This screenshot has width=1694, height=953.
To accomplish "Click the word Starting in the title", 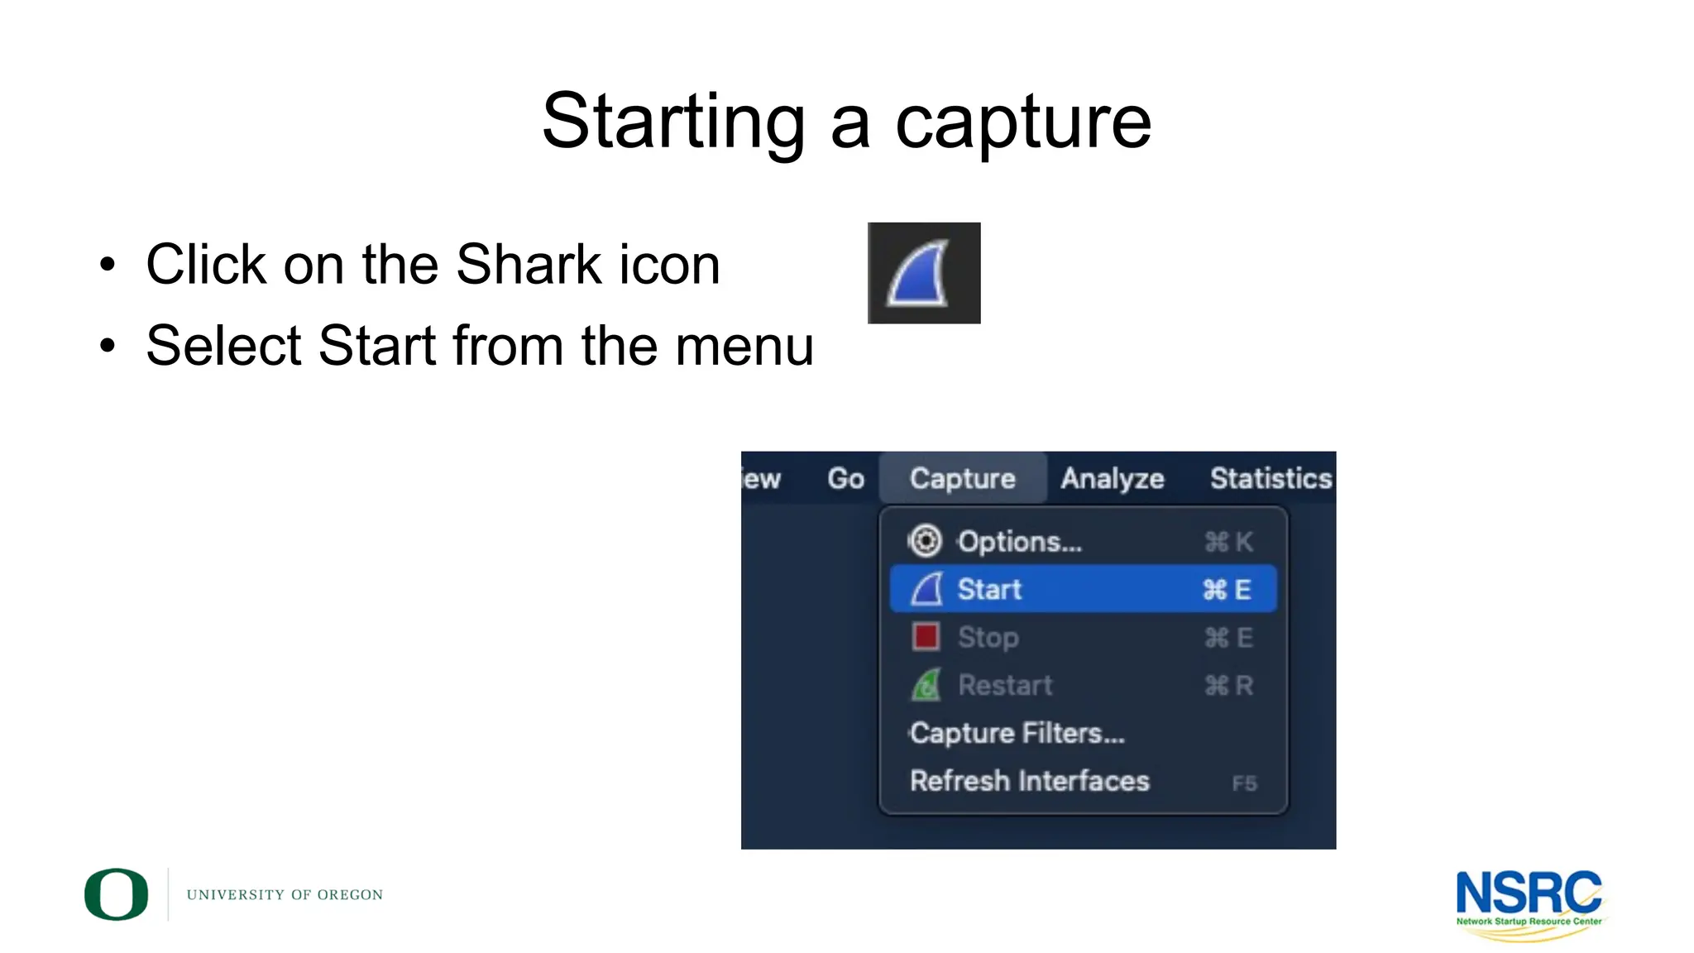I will click(673, 122).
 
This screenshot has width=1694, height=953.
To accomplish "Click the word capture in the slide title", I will click(1023, 122).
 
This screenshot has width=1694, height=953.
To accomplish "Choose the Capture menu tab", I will click(962, 478).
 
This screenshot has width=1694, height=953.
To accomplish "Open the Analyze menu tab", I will click(1112, 478).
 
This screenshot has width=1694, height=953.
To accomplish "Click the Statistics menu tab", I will click(1270, 478).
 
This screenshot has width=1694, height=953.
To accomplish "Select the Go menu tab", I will click(845, 478).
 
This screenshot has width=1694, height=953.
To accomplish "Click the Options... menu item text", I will click(1019, 542).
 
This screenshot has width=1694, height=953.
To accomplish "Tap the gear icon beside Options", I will click(925, 541).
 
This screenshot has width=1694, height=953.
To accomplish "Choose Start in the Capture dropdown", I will click(989, 589).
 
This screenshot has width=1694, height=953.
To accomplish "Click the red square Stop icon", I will click(926, 637).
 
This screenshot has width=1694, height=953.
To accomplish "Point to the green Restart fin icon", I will click(926, 685).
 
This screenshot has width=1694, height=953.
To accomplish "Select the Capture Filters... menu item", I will click(1017, 733).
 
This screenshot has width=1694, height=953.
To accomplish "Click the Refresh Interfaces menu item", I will click(1029, 781).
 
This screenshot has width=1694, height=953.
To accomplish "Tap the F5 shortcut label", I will click(1244, 783).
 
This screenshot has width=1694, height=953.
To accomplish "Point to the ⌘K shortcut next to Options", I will click(1228, 542).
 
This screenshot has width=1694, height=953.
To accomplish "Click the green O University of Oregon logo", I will click(117, 894).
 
